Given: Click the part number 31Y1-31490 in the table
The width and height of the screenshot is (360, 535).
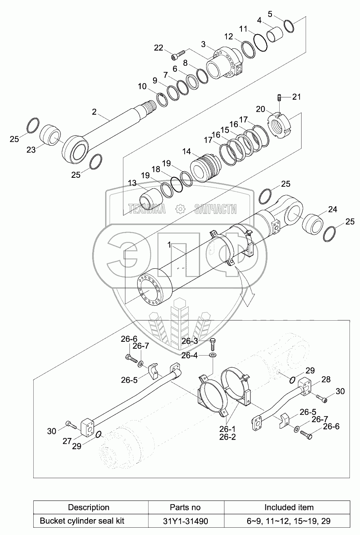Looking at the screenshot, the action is [x=185, y=521].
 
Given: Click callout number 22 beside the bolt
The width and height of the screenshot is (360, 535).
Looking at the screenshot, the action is [x=158, y=48].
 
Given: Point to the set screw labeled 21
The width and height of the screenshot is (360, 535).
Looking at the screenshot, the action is [x=280, y=98].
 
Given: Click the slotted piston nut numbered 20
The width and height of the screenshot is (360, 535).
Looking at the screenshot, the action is [x=280, y=124].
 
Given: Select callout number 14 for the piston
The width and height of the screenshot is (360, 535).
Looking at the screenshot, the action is [x=186, y=151].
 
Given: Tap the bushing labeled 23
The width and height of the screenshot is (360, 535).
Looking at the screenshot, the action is [x=50, y=135].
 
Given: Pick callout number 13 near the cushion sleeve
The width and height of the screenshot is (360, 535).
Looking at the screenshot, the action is [x=132, y=183].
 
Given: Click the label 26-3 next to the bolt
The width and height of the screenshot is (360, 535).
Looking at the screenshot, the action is [x=190, y=341].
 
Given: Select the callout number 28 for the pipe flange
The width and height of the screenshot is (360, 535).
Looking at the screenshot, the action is [x=326, y=380].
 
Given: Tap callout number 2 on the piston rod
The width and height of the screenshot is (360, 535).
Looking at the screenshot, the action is [x=94, y=112].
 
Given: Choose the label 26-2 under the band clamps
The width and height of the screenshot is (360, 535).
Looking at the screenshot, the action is [x=227, y=437].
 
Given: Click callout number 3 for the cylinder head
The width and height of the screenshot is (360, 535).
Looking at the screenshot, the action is [x=203, y=44].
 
